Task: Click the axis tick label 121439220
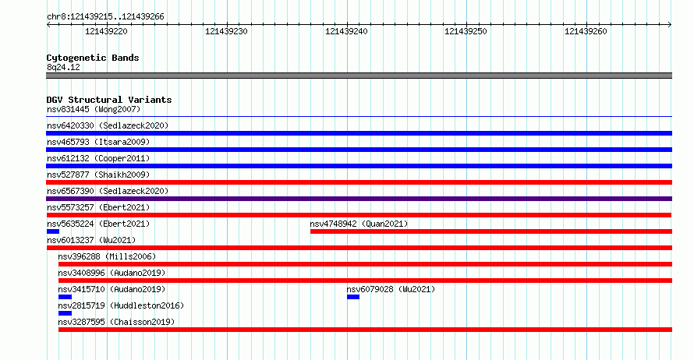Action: (106, 31)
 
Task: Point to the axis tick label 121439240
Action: (346, 31)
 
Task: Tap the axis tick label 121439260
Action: (586, 31)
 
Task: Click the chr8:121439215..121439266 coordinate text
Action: (105, 17)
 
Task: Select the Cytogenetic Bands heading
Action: (93, 58)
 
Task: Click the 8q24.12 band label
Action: (63, 67)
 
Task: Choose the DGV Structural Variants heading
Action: (109, 100)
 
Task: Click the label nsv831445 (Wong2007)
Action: (94, 109)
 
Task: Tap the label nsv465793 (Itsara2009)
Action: (98, 142)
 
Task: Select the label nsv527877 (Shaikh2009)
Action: (98, 175)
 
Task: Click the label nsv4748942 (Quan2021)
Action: (359, 224)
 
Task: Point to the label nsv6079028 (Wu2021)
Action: (391, 289)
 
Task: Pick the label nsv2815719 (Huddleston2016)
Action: (121, 305)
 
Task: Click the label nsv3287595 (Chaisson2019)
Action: (116, 322)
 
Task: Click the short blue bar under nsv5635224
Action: (53, 231)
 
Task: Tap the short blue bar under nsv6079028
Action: (353, 297)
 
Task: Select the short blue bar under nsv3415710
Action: (65, 297)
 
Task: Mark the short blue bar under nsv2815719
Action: (65, 313)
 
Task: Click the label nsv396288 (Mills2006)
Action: (107, 256)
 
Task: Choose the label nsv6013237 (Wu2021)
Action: (91, 240)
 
